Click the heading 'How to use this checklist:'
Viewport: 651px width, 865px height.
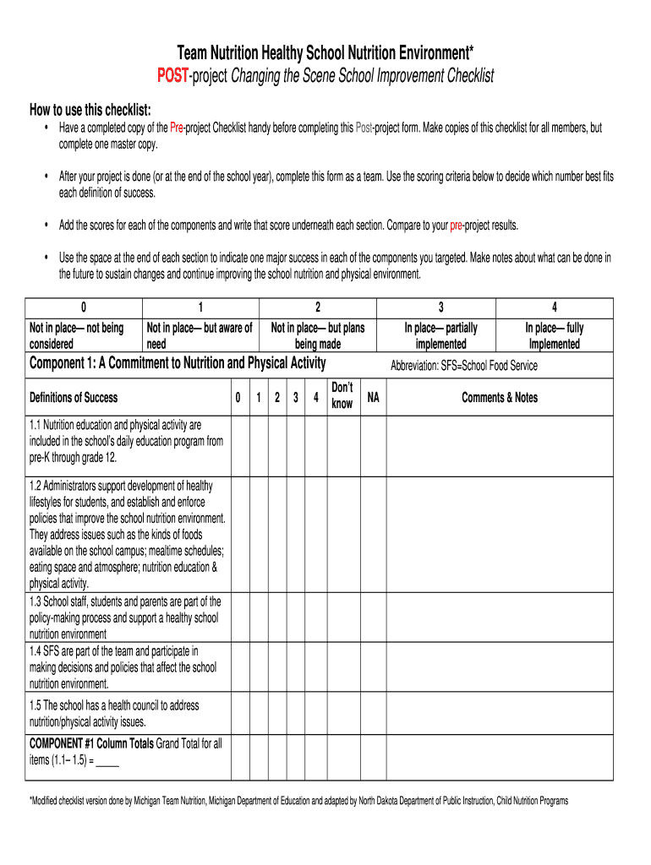pyautogui.click(x=90, y=110)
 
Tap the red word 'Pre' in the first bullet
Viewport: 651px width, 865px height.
pyautogui.click(x=177, y=128)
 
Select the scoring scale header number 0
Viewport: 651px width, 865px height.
pyautogui.click(x=83, y=307)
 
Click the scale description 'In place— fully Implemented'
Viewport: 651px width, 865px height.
pyautogui.click(x=554, y=335)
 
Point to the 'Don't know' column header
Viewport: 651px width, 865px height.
pyautogui.click(x=342, y=396)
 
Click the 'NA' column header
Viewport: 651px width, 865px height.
pyautogui.click(x=373, y=397)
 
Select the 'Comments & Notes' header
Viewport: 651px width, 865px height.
pyautogui.click(x=499, y=397)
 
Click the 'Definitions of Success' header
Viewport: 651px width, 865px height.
pyautogui.click(x=74, y=397)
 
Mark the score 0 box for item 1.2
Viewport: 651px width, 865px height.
pyautogui.click(x=238, y=535)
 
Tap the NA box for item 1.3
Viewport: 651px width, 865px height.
pyautogui.click(x=373, y=617)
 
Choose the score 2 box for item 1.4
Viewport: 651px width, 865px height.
pyautogui.click(x=276, y=667)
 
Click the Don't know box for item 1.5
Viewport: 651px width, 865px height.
pyautogui.click(x=342, y=714)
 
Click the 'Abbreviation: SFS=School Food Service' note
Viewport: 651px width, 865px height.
pyautogui.click(x=463, y=366)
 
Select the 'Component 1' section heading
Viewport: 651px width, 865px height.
pyautogui.click(x=178, y=364)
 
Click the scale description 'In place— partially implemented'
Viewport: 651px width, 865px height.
pyautogui.click(x=440, y=335)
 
